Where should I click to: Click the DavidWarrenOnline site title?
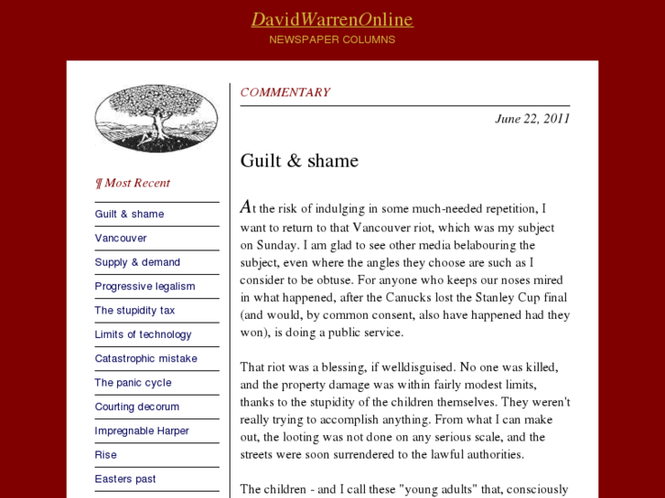click(x=332, y=19)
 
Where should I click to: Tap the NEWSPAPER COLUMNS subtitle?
click(x=332, y=39)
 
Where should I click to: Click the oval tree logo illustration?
click(x=156, y=118)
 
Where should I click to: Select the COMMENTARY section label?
click(x=284, y=92)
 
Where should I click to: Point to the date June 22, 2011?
click(x=532, y=118)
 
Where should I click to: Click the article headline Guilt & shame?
click(x=299, y=161)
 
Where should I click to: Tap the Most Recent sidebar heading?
click(x=134, y=183)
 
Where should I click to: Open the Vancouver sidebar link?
click(x=121, y=238)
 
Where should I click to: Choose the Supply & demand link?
click(x=137, y=262)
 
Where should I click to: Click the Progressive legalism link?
click(x=145, y=286)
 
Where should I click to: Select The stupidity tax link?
click(x=134, y=311)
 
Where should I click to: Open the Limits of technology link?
click(x=143, y=334)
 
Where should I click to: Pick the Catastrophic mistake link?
click(x=145, y=358)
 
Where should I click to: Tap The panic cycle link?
click(x=133, y=383)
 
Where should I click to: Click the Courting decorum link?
click(x=137, y=407)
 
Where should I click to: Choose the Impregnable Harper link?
click(x=142, y=430)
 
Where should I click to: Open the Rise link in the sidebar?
click(x=106, y=455)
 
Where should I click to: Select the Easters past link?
click(x=125, y=479)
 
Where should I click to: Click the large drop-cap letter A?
click(x=246, y=207)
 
